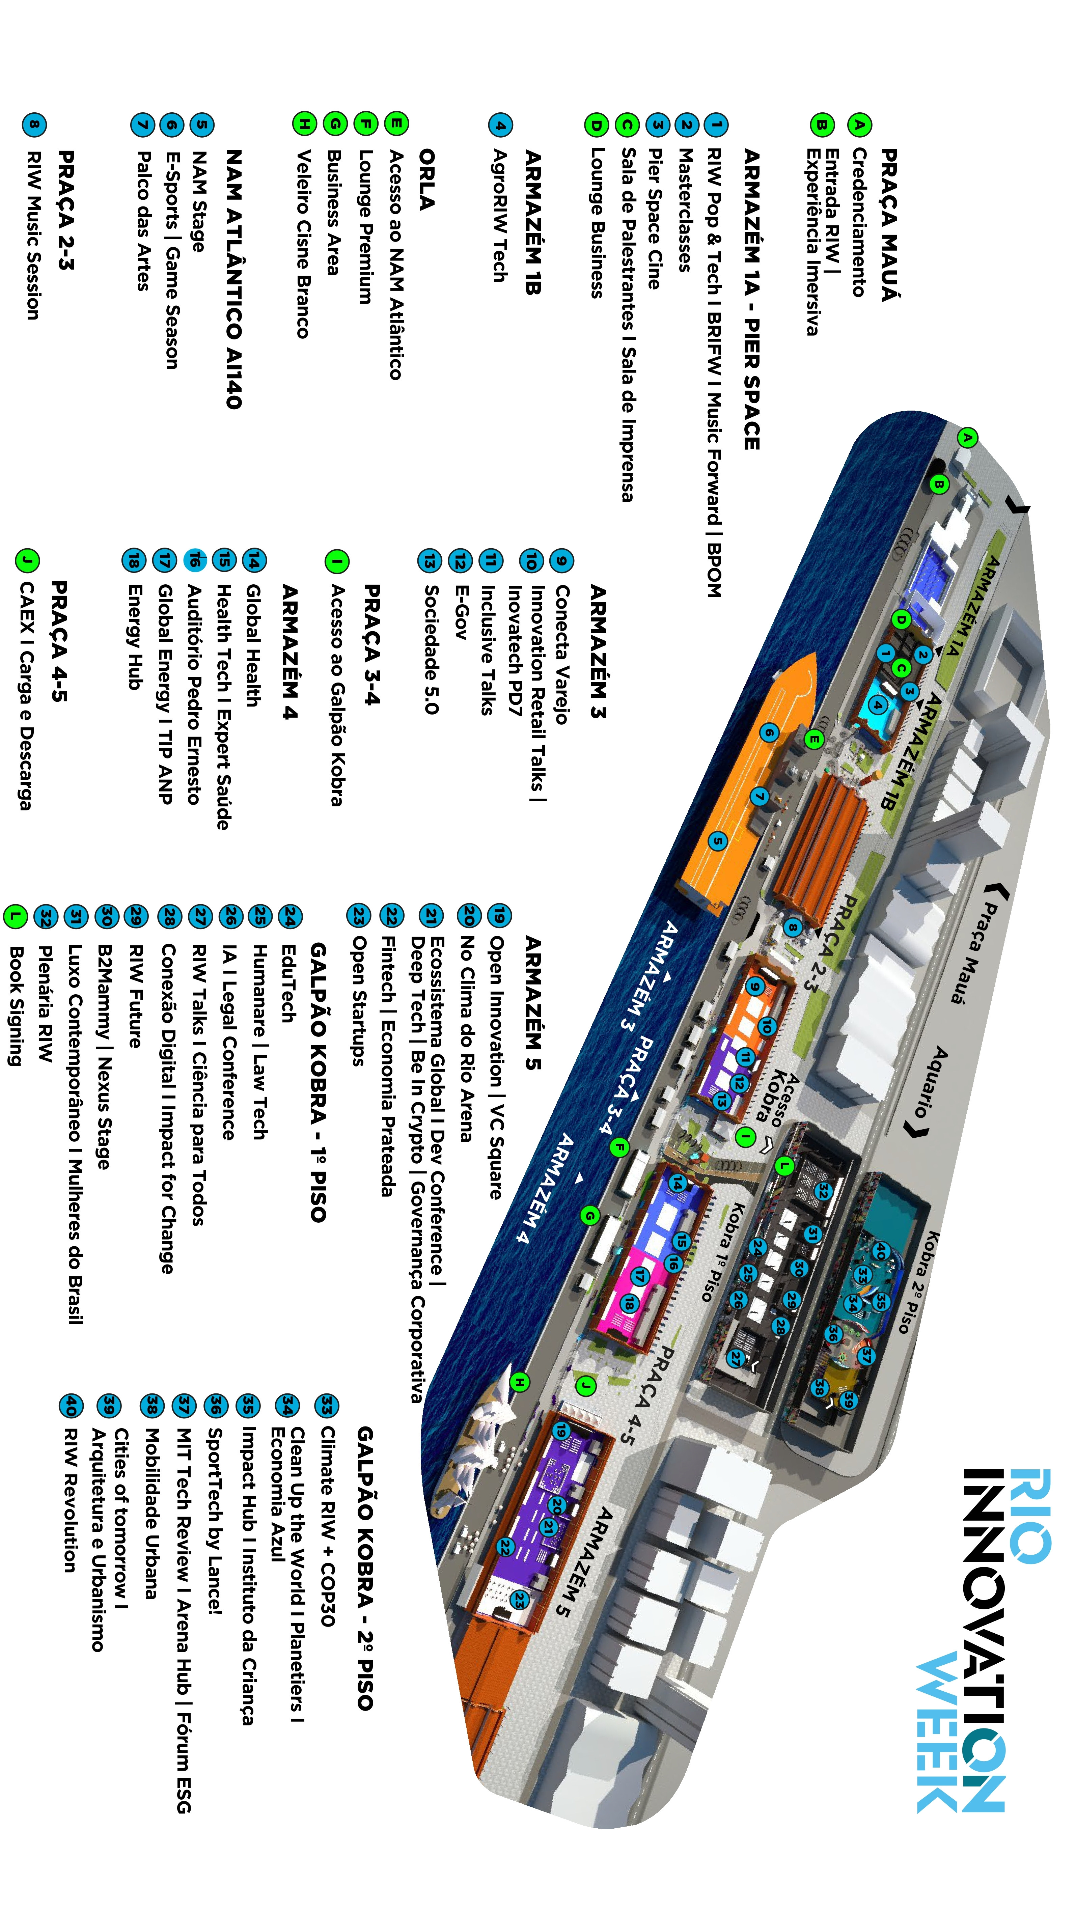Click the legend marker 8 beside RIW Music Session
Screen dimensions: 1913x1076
click(33, 125)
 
